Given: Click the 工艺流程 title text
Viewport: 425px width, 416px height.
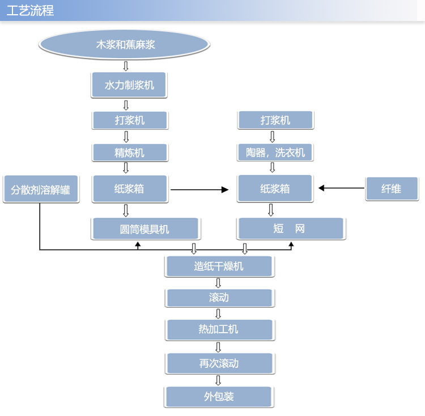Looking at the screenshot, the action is point(30,11).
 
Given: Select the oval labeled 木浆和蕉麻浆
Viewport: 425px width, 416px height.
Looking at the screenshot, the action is point(125,44).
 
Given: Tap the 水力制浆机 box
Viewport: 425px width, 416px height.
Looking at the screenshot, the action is point(129,85).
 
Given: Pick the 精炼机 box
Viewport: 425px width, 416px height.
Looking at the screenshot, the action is point(130,152).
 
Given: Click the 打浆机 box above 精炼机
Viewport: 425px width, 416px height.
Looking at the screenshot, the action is point(130,120).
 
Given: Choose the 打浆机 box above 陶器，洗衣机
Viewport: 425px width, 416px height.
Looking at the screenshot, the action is point(275,120).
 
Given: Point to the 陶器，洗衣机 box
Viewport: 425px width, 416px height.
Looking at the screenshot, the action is point(275,152).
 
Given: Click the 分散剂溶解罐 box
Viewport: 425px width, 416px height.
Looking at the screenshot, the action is point(41,189).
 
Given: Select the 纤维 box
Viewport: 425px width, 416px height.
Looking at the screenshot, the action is point(392,189).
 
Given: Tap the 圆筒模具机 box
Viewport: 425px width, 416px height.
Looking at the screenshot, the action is point(146,229).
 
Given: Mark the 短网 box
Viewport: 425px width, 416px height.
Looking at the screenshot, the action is point(291,228).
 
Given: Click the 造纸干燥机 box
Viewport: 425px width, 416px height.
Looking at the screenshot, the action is point(219,266).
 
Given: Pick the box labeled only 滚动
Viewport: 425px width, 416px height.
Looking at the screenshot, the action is point(219,298).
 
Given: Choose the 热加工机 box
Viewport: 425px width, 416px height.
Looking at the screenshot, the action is point(220,330).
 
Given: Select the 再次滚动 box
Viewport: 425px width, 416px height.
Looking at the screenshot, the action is point(220,363).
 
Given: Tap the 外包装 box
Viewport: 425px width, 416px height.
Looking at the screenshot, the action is point(219,397).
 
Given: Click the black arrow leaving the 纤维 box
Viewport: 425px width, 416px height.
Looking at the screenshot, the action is point(342,188).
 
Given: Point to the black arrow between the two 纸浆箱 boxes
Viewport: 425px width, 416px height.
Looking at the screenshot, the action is point(199,190).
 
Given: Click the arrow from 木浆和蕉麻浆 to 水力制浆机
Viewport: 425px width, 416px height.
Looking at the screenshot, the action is point(126,66).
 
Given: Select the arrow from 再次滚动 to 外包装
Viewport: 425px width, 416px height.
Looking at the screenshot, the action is point(218,380).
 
